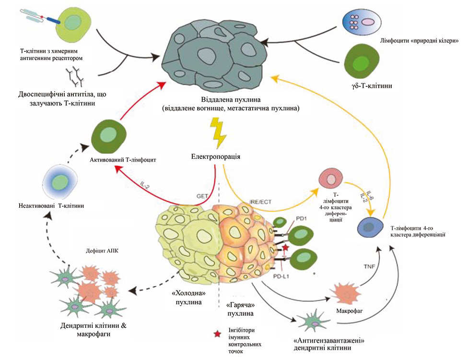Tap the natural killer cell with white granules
point(362,21)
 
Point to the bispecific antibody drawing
point(76,73)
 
